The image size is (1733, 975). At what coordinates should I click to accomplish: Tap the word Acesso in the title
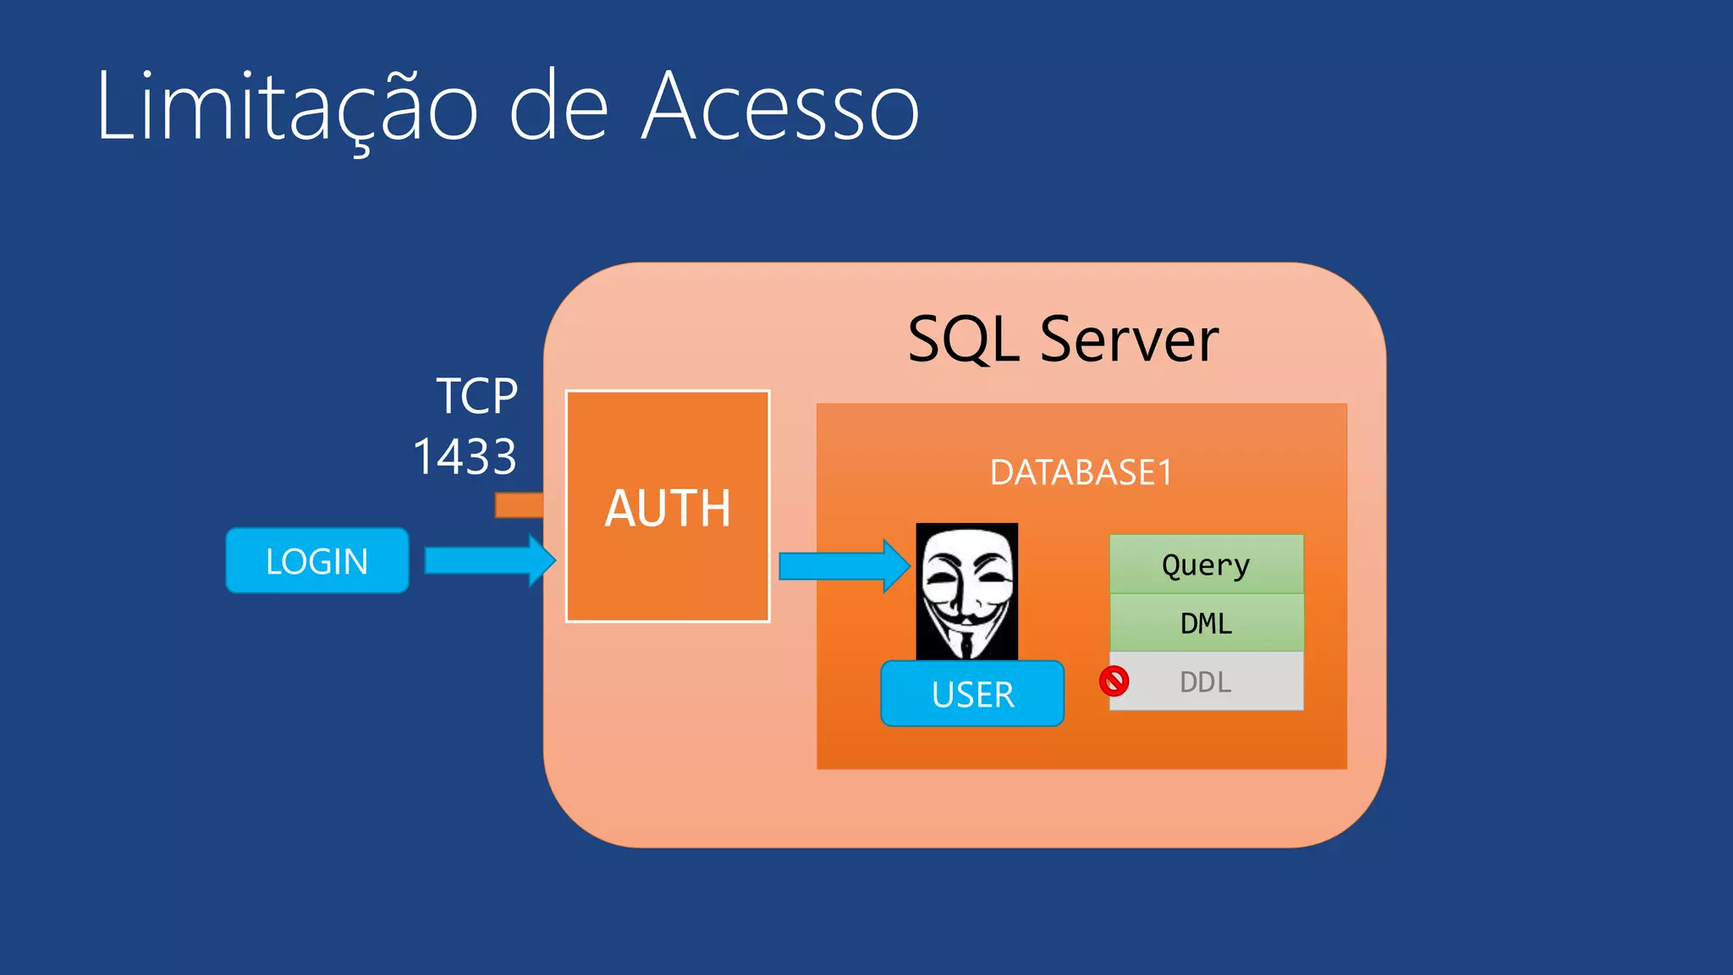pyautogui.click(x=780, y=108)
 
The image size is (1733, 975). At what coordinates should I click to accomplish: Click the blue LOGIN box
pyautogui.click(x=317, y=561)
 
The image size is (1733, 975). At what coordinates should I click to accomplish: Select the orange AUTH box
pyautogui.click(x=668, y=507)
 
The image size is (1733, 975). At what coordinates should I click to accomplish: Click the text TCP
pyautogui.click(x=476, y=396)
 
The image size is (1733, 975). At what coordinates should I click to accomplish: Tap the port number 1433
pyautogui.click(x=465, y=457)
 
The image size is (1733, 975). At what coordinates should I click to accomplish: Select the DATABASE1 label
pyautogui.click(x=1081, y=472)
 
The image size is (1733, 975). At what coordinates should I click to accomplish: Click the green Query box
pyautogui.click(x=1206, y=565)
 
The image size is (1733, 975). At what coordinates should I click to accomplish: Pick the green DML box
pyautogui.click(x=1206, y=623)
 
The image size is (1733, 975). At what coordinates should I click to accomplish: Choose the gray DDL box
pyautogui.click(x=1206, y=681)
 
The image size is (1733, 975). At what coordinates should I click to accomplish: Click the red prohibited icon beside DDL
pyautogui.click(x=1114, y=681)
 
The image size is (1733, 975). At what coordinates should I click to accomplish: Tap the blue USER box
pyautogui.click(x=972, y=694)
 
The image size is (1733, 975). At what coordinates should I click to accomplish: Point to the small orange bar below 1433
pyautogui.click(x=519, y=505)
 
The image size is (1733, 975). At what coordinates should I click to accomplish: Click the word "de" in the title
pyautogui.click(x=558, y=108)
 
